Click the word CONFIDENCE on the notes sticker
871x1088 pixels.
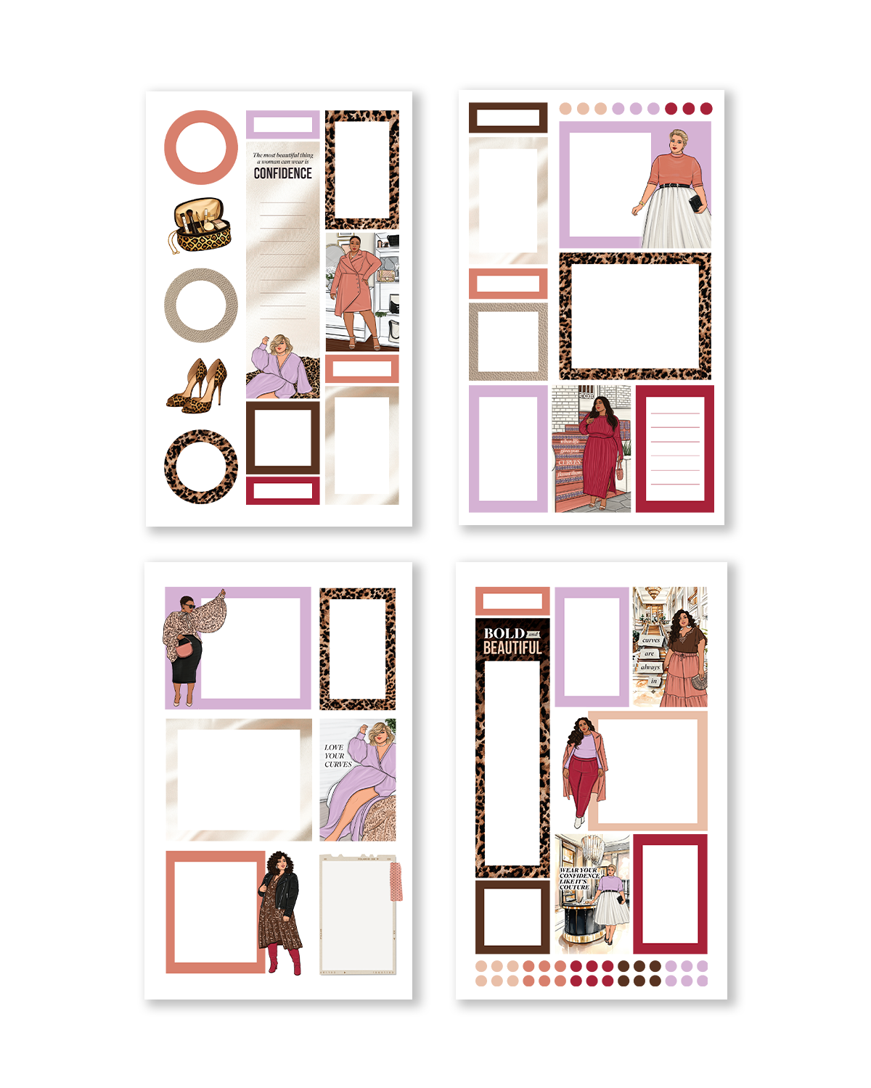point(282,173)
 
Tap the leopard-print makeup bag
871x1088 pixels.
point(201,226)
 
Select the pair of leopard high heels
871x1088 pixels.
point(197,386)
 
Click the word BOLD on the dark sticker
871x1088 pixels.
point(504,633)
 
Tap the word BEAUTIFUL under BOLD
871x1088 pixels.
point(512,648)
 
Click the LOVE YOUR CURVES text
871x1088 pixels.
point(337,756)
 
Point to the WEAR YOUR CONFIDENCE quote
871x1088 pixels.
point(578,878)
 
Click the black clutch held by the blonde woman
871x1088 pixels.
point(696,203)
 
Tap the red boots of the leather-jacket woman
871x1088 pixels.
point(285,957)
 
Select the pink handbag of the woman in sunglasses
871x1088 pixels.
point(185,648)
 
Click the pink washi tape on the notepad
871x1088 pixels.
point(396,882)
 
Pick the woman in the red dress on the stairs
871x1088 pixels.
point(601,450)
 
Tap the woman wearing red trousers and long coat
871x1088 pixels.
point(584,769)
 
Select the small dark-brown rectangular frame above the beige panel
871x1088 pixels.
point(508,118)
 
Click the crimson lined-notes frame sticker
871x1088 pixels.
point(675,449)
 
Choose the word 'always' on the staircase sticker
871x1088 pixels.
point(650,667)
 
